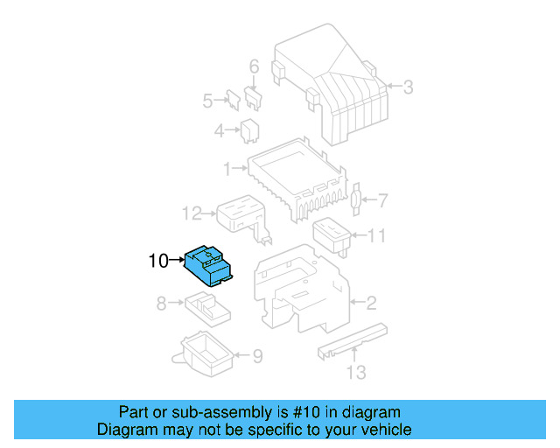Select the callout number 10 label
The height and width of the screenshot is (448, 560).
pyautogui.click(x=157, y=260)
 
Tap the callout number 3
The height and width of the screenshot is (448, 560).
pyautogui.click(x=408, y=86)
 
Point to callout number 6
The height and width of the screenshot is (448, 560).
pyautogui.click(x=255, y=66)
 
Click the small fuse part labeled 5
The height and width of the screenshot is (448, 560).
pyautogui.click(x=234, y=98)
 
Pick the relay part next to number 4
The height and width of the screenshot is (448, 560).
pyautogui.click(x=249, y=131)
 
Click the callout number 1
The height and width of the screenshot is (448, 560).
pyautogui.click(x=227, y=167)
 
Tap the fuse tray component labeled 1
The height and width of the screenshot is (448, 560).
pyautogui.click(x=297, y=179)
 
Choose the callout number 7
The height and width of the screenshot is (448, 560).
pyautogui.click(x=381, y=201)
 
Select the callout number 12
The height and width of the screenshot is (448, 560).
pyautogui.click(x=192, y=213)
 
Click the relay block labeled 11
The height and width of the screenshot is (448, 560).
pyautogui.click(x=332, y=234)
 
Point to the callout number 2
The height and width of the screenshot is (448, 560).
pyautogui.click(x=371, y=304)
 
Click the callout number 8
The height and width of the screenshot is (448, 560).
pyautogui.click(x=162, y=304)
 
